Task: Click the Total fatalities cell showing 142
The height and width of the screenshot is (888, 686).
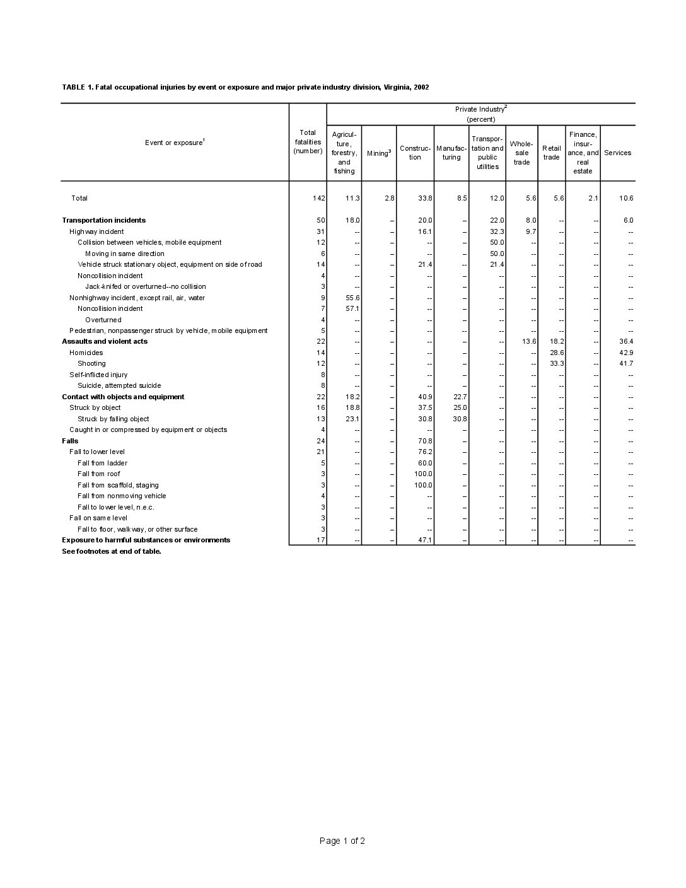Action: (x=318, y=198)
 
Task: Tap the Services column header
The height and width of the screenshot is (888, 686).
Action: (x=617, y=153)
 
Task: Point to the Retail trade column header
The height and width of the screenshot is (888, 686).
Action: (x=551, y=153)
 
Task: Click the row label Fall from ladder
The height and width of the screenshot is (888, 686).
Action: (x=102, y=463)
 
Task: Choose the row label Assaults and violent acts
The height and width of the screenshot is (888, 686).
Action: (x=105, y=341)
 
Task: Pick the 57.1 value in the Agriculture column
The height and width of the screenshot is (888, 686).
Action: (x=352, y=308)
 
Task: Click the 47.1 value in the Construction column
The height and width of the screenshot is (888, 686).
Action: (x=424, y=540)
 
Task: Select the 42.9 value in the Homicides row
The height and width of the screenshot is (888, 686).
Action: (x=625, y=353)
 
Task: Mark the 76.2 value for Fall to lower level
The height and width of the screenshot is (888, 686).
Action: (x=424, y=452)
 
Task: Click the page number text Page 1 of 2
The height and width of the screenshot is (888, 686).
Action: (x=342, y=841)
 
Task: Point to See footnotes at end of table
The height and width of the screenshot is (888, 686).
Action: (x=112, y=551)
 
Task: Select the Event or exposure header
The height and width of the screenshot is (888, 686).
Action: (x=174, y=143)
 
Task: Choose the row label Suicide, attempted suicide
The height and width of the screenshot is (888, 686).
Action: (x=119, y=385)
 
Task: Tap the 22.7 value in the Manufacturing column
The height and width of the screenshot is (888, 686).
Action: (x=460, y=397)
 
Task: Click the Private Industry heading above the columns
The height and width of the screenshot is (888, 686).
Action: (x=480, y=109)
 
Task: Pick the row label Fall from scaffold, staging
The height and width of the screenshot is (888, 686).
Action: (x=118, y=485)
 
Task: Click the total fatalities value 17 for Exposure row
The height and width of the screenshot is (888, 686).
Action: (x=321, y=540)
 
